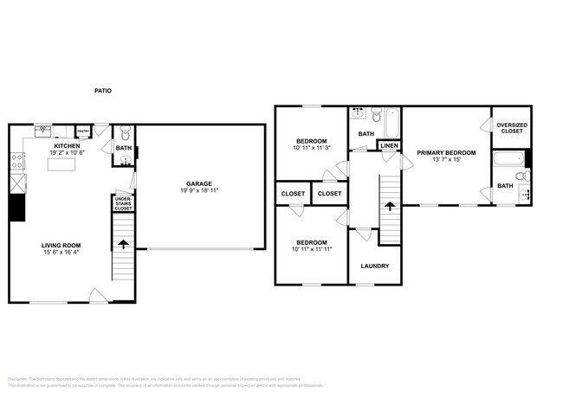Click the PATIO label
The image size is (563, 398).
103,91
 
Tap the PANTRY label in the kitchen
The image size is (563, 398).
84,132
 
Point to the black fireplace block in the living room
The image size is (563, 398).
16,208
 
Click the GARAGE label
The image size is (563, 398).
198,183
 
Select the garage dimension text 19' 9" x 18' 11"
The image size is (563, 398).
198,190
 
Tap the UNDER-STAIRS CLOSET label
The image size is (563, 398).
123,204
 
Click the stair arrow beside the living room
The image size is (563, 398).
123,246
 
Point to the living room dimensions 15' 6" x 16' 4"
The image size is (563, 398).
61,254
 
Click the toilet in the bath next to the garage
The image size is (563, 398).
126,134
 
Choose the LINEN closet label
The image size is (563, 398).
389,146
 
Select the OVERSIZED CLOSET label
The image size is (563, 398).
510,128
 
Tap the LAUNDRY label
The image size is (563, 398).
374,266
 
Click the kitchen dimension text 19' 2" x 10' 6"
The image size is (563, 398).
68,154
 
